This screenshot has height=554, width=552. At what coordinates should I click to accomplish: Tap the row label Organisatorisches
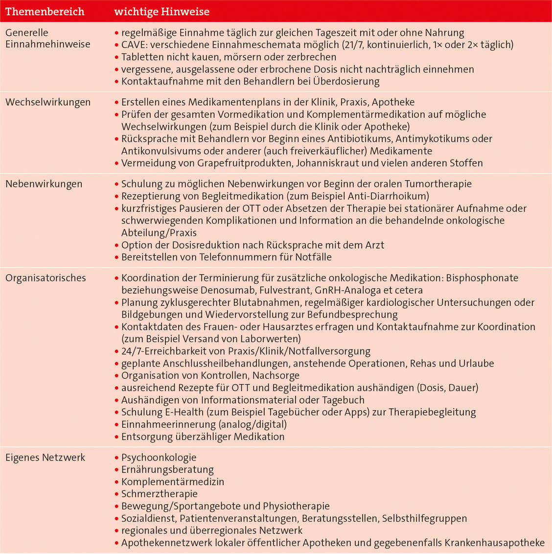pyautogui.click(x=46, y=278)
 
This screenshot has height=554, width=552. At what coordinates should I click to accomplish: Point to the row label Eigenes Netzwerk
pyautogui.click(x=45, y=458)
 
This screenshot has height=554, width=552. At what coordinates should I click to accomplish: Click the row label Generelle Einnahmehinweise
pyautogui.click(x=47, y=39)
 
